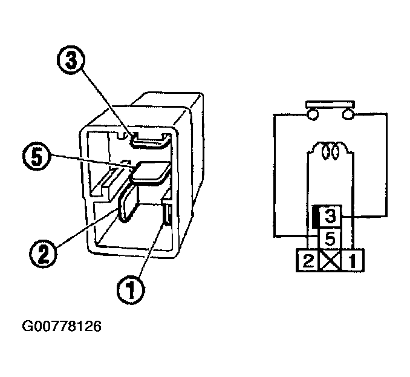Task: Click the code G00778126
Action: click(62, 327)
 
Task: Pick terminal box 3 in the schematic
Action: click(331, 215)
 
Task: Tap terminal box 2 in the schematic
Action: click(307, 261)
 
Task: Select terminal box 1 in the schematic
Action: click(353, 261)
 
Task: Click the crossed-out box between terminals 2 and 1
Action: click(330, 261)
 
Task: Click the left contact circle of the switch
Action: click(313, 114)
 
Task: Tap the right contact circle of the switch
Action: click(347, 114)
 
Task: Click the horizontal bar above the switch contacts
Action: click(330, 104)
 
